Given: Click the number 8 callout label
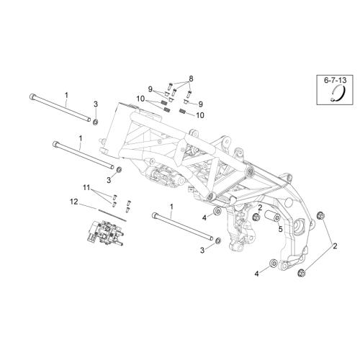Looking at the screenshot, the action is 191,78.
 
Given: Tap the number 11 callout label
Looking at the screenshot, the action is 86,187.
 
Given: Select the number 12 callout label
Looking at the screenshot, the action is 74,202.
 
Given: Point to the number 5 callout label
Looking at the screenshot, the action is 280,229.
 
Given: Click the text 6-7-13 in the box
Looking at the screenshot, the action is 336,80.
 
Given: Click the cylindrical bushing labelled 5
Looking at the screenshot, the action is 272,216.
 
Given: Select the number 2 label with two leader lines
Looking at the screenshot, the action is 335,246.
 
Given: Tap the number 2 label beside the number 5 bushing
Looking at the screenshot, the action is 260,207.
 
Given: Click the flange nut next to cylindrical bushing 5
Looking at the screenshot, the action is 256,217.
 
